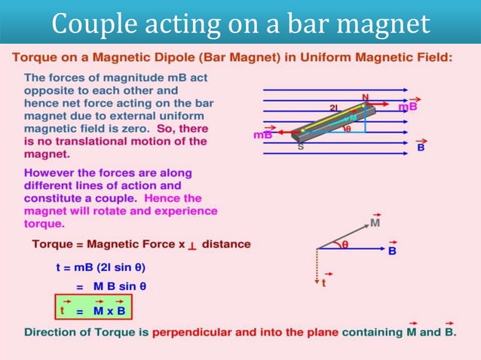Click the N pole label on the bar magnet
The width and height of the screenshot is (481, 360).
pyautogui.click(x=365, y=97)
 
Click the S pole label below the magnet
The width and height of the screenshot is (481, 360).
pyautogui.click(x=300, y=146)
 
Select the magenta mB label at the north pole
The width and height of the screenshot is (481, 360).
pyautogui.click(x=408, y=107)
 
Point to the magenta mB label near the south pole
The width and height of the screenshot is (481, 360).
pyautogui.click(x=263, y=136)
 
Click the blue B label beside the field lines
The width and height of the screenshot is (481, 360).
pyautogui.click(x=421, y=148)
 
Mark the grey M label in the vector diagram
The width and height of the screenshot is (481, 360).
pyautogui.click(x=375, y=222)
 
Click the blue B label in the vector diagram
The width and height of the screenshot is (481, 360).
pyautogui.click(x=392, y=250)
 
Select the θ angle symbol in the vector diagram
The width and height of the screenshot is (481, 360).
pyautogui.click(x=345, y=244)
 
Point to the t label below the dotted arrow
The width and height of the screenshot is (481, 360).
pyautogui.click(x=323, y=283)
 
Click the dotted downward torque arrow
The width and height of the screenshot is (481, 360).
pyautogui.click(x=318, y=264)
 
